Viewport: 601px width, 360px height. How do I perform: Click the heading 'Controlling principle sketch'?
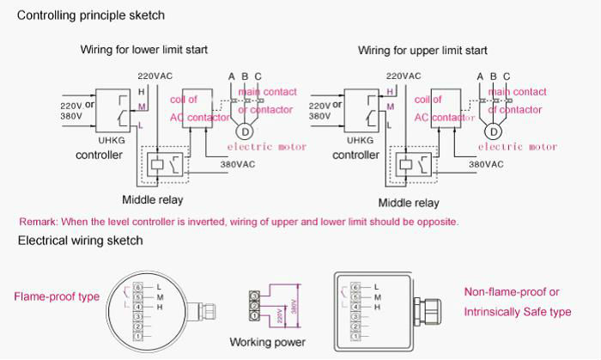click(91, 15)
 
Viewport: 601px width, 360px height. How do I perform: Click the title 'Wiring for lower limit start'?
click(144, 50)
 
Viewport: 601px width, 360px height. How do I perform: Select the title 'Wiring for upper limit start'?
click(422, 51)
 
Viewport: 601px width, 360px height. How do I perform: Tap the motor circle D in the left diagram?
click(245, 131)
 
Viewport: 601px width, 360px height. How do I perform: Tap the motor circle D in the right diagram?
click(494, 131)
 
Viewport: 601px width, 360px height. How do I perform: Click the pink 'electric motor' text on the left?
click(269, 147)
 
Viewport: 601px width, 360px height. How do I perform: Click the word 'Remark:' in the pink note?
click(38, 222)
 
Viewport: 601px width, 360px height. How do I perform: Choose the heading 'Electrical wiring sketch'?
click(80, 241)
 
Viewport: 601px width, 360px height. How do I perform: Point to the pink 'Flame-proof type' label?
click(56, 297)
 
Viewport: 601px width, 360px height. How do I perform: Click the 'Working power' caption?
click(267, 343)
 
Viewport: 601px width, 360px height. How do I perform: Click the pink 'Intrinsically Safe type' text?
click(518, 312)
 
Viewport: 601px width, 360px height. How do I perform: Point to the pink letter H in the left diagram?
click(142, 91)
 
